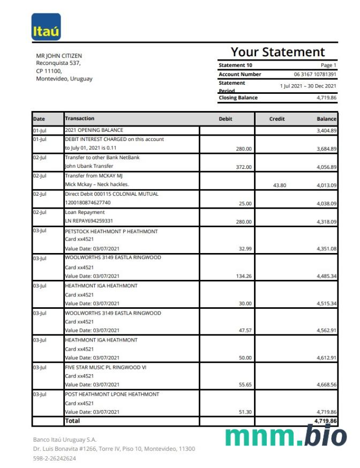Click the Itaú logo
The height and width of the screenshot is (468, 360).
click(46, 27)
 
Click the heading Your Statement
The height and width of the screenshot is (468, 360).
click(277, 52)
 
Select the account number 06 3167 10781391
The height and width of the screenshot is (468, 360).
click(315, 74)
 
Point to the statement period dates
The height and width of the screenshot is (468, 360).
click(308, 86)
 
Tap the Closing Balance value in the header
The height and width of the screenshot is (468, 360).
click(326, 98)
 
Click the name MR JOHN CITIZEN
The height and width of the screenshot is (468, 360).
click(59, 56)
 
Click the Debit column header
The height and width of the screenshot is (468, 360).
click(226, 118)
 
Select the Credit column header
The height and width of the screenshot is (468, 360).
click(277, 118)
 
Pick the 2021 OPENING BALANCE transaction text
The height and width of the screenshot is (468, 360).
click(94, 130)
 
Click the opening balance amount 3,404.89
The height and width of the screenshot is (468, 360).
click(326, 131)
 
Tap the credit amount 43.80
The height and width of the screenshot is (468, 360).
click(280, 185)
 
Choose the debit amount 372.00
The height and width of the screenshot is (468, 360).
click(244, 167)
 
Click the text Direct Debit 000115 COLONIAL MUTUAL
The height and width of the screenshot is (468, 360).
click(111, 194)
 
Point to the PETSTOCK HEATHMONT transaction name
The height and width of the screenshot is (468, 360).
click(111, 232)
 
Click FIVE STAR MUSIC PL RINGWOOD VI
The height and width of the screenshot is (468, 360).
click(106, 367)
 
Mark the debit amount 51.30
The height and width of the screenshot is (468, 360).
click(244, 412)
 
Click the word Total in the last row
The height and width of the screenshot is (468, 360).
click(72, 421)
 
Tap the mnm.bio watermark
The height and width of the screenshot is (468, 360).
click(286, 436)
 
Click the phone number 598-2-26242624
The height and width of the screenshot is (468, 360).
click(54, 458)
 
